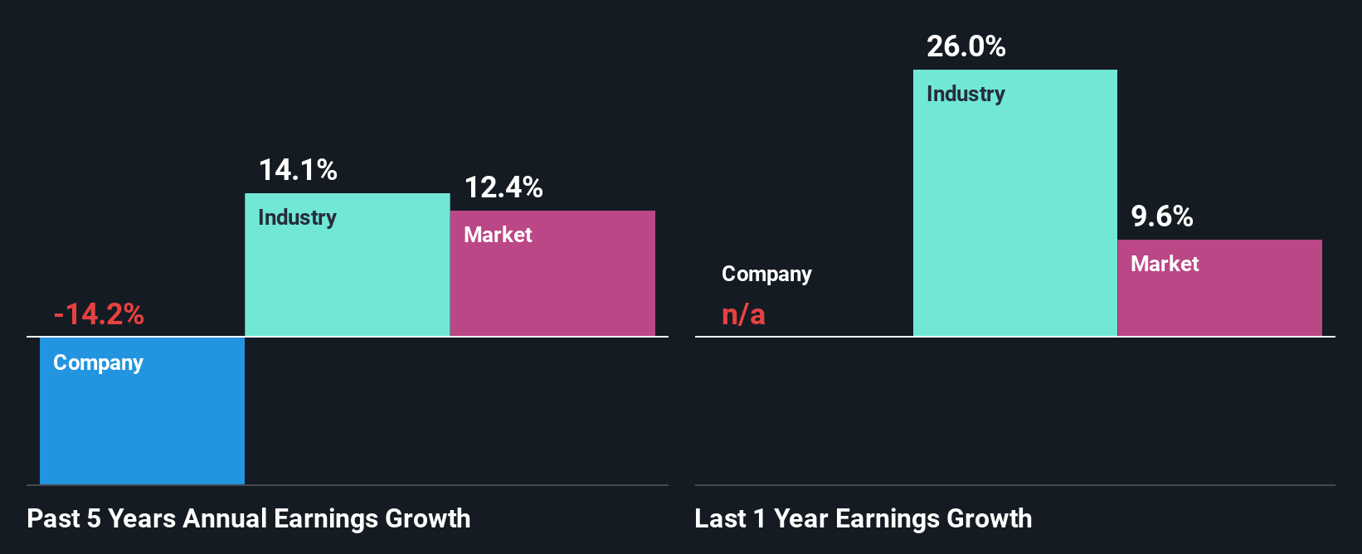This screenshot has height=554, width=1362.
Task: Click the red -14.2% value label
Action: [99, 314]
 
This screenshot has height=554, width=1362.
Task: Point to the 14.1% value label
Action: [298, 170]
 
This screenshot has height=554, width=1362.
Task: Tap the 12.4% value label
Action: [503, 187]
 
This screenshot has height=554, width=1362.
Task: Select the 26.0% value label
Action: [966, 46]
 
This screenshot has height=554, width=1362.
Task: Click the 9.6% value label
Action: [1162, 216]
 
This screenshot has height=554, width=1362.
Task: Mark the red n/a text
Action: [743, 314]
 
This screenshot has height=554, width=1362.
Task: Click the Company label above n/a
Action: [766, 274]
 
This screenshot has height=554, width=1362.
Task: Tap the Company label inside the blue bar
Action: [98, 362]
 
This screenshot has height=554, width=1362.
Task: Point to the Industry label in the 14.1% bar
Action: [297, 217]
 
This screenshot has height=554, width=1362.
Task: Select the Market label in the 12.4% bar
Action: [498, 235]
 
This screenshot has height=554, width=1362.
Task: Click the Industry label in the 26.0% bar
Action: [966, 94]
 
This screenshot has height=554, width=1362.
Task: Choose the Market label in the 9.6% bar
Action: [1165, 264]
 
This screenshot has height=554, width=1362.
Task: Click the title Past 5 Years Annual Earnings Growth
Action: [249, 518]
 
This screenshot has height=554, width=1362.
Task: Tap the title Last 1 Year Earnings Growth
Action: [863, 518]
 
